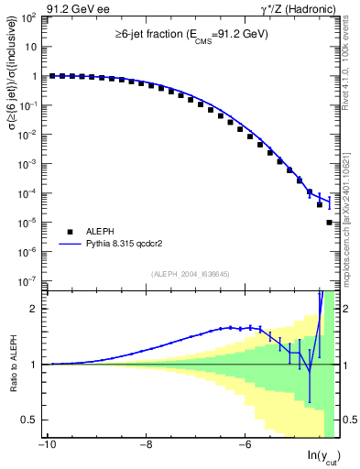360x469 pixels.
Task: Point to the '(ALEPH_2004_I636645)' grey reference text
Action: point(191,273)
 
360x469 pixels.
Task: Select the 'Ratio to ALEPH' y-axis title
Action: point(12,365)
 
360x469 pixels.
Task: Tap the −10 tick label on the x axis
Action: point(46,446)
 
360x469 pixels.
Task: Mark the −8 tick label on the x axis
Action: point(146,446)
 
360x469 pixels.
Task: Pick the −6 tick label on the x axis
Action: point(245,446)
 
